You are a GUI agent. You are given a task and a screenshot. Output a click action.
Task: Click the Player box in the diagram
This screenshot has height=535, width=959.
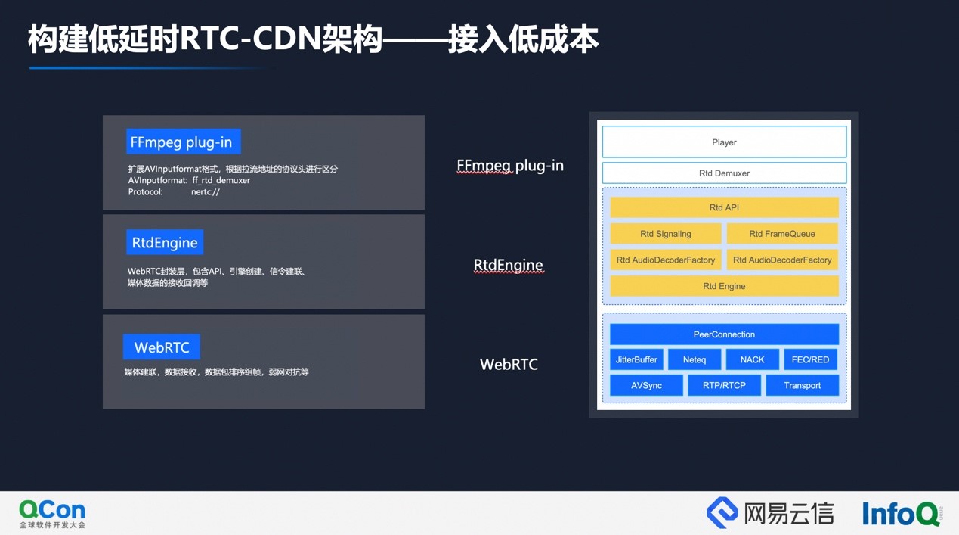click(725, 142)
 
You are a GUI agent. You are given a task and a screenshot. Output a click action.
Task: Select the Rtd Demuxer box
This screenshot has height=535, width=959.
click(725, 173)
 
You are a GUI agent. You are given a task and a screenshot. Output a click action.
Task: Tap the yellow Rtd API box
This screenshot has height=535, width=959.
click(725, 207)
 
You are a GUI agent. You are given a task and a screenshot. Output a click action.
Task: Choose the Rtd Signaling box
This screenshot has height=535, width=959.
click(666, 234)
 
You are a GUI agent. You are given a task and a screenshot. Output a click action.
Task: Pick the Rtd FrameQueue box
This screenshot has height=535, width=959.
click(782, 234)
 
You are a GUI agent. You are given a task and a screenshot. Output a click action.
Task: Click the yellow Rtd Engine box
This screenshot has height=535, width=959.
click(725, 286)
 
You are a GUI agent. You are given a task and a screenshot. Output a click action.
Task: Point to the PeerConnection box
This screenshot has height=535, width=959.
click(725, 334)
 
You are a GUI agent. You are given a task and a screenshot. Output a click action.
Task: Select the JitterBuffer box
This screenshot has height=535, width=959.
click(636, 359)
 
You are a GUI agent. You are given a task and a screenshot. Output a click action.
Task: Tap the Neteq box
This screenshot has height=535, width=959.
click(695, 359)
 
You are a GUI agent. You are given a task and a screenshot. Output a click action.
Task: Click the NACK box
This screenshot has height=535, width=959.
click(752, 359)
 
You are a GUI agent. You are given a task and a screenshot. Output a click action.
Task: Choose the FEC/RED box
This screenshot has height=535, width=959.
click(810, 359)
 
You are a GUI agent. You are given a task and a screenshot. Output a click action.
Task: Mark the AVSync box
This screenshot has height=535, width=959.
click(646, 385)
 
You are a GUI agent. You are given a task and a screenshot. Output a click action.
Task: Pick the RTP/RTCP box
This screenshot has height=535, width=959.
click(725, 385)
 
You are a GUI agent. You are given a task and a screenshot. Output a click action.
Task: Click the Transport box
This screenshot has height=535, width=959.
click(803, 385)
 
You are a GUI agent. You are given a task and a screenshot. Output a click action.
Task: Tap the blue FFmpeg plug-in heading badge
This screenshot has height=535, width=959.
click(183, 142)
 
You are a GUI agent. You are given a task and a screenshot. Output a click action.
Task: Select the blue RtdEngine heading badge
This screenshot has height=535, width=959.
click(165, 242)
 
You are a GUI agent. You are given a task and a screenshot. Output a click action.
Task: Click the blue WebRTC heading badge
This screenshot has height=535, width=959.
click(162, 347)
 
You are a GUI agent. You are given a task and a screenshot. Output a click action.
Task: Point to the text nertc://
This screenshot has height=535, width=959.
click(206, 192)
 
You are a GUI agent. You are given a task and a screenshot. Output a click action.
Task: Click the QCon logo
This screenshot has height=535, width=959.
click(52, 514)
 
